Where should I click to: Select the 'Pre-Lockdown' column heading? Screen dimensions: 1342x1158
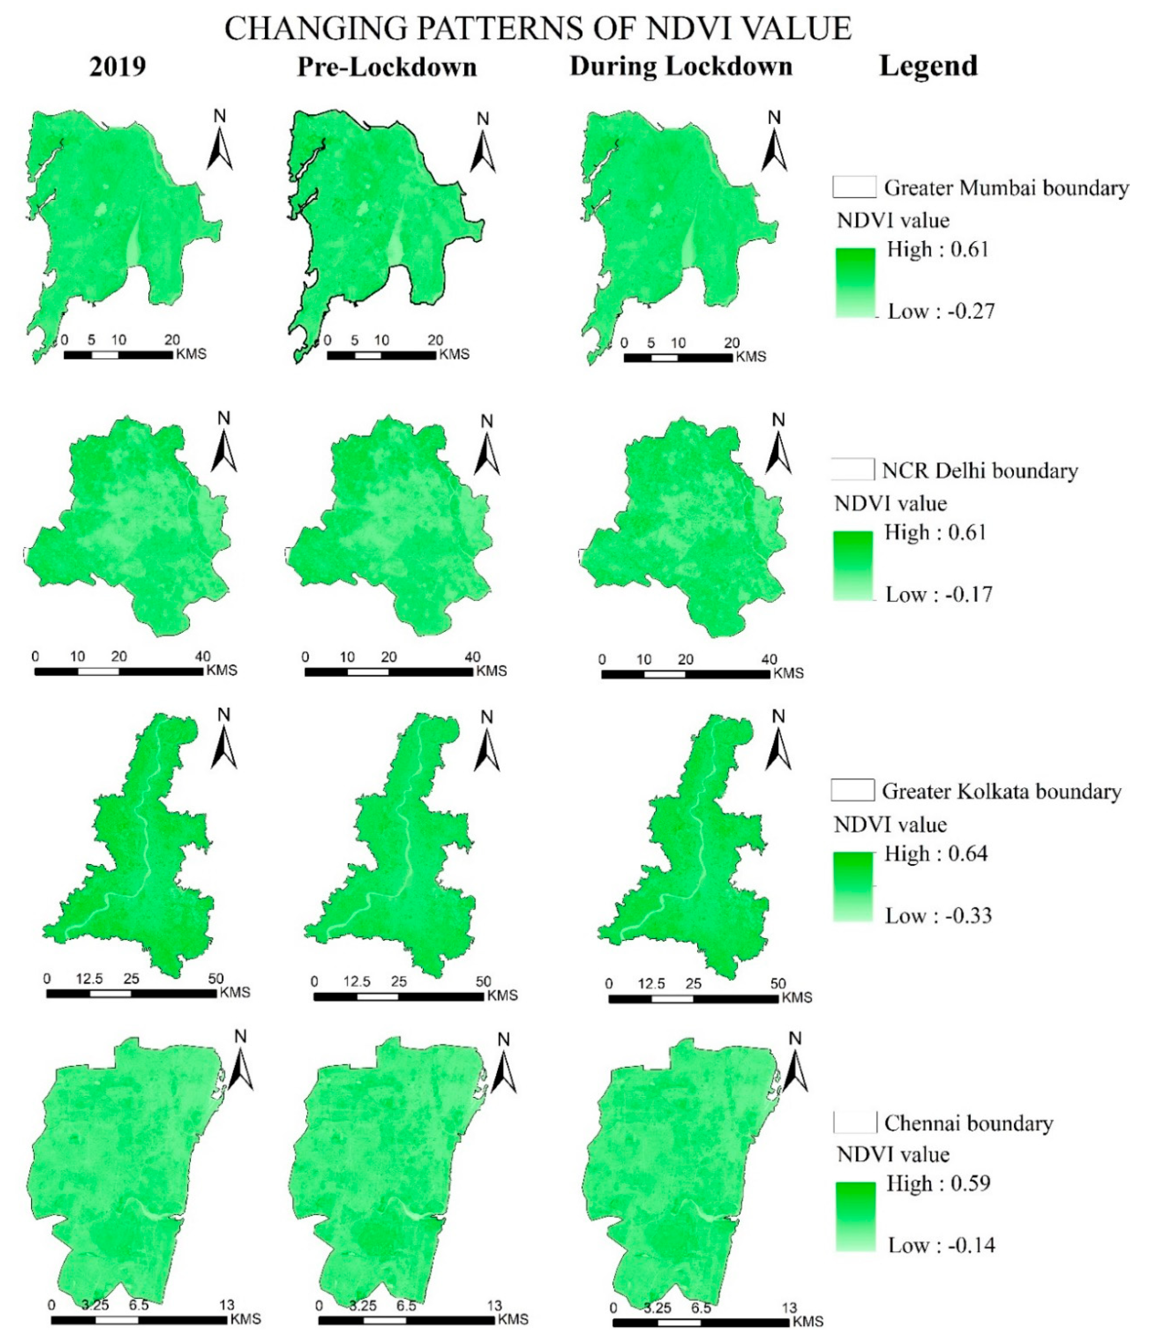tap(387, 67)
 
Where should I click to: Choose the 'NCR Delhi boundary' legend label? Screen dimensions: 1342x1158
tap(980, 470)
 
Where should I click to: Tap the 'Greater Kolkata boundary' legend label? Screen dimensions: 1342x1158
tap(1001, 791)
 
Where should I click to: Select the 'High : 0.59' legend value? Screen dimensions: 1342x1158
tap(938, 1183)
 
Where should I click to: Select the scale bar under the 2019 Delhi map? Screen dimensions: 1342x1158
tap(119, 672)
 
